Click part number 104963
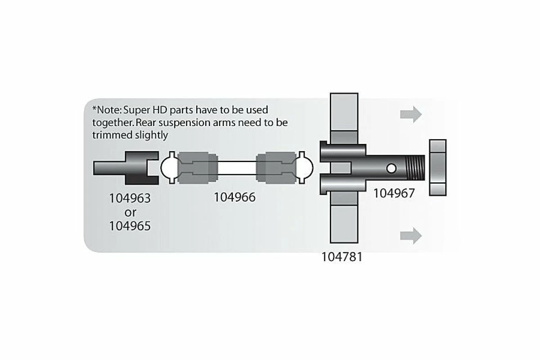tap(130, 198)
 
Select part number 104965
tap(130, 225)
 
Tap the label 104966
tap(234, 197)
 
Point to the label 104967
tap(394, 193)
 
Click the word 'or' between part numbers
tap(130, 211)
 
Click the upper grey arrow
tap(411, 114)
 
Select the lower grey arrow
tap(411, 235)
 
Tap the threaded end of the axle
tap(414, 168)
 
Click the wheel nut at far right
tap(438, 167)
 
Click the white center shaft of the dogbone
tap(237, 168)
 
